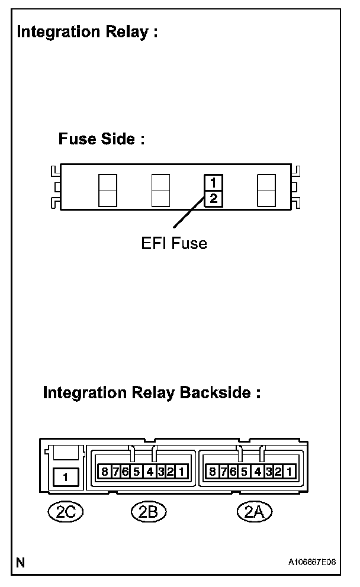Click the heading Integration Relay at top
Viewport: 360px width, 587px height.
coord(88,33)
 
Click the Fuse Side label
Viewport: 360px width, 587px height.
coord(101,140)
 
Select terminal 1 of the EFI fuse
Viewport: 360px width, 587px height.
coord(214,182)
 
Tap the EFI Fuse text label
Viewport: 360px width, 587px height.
coord(174,243)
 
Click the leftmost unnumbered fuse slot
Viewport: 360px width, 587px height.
coord(107,191)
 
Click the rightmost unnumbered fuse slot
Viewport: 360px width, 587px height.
coord(266,191)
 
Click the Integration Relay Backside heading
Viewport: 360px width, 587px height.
coord(152,393)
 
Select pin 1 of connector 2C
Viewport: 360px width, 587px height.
coord(66,476)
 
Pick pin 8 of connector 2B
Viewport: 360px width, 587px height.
coord(105,472)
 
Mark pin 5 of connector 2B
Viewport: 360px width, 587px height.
coord(137,472)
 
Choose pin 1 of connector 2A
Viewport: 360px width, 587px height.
coord(289,472)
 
